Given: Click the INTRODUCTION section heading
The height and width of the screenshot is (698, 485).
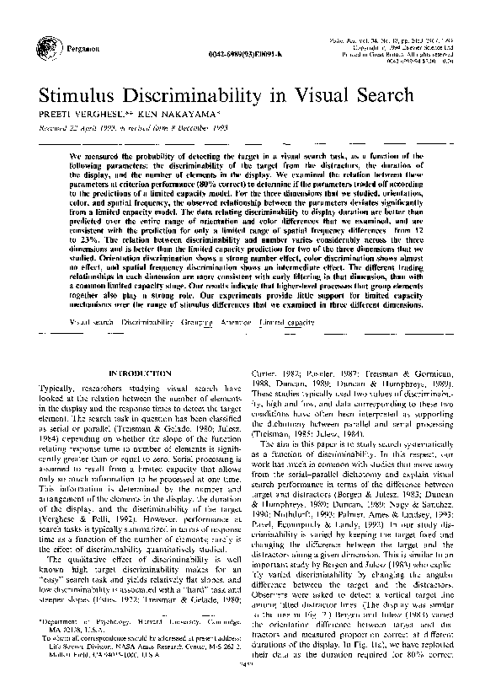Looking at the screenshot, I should click(136, 372).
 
